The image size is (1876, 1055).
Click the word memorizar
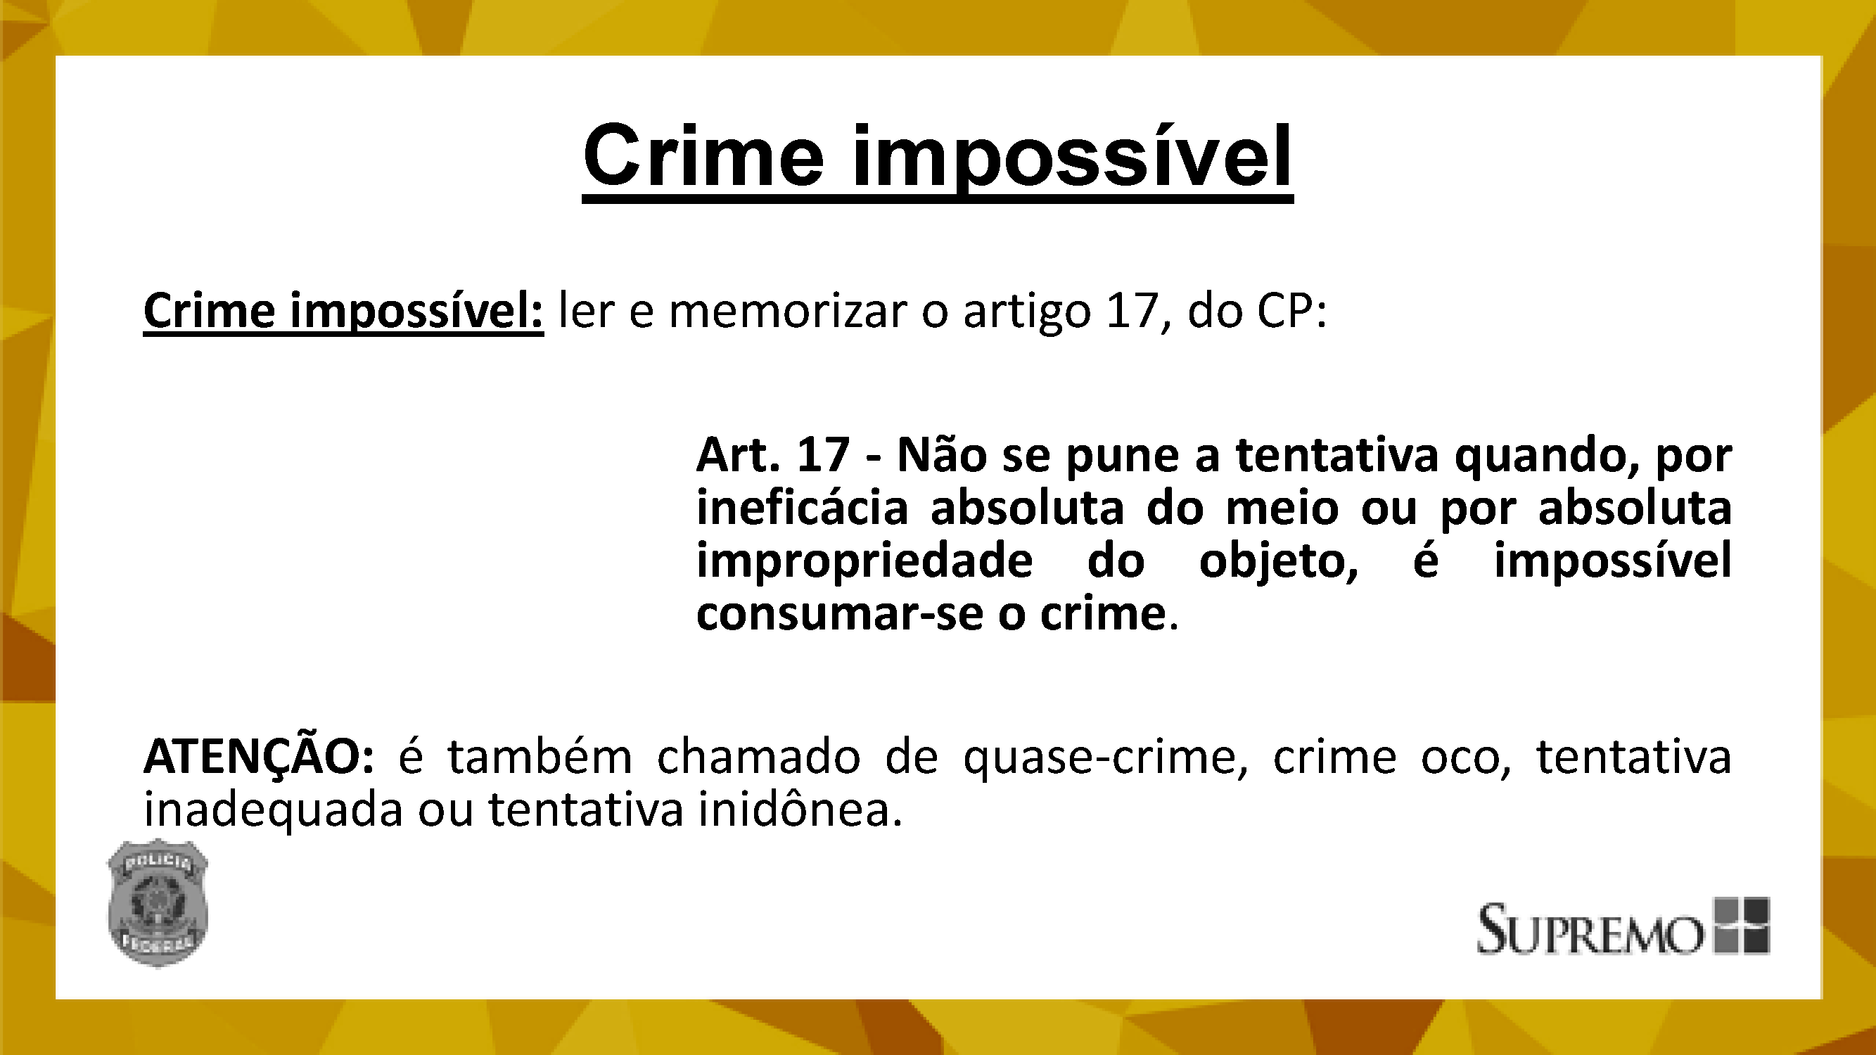787,311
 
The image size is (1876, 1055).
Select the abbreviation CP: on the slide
1293,311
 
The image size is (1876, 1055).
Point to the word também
540,757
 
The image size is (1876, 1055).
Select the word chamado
759,757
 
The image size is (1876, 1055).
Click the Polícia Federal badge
158,903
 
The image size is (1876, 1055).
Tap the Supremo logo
1623,926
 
